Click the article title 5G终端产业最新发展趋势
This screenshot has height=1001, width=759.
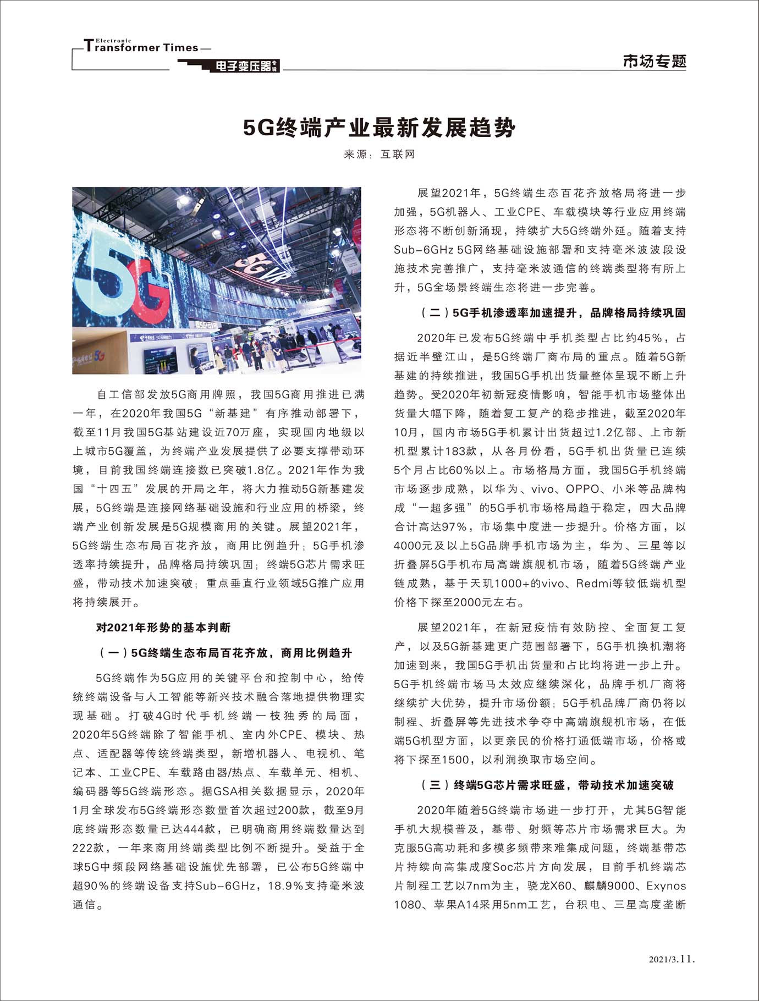click(380, 128)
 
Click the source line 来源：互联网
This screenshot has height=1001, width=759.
click(380, 155)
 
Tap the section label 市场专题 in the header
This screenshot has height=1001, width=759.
click(654, 61)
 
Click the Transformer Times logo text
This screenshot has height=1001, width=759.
click(142, 47)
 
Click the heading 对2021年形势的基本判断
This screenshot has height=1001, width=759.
click(163, 628)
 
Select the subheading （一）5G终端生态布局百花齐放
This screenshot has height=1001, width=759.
click(226, 653)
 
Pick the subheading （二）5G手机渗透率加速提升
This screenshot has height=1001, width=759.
click(553, 313)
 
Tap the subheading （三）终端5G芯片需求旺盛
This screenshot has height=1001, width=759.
click(547, 785)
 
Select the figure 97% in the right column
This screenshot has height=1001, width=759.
click(454, 526)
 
